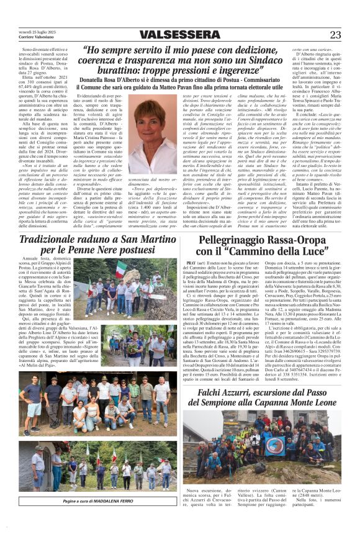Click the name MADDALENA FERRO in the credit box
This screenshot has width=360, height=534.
(x=96, y=500)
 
